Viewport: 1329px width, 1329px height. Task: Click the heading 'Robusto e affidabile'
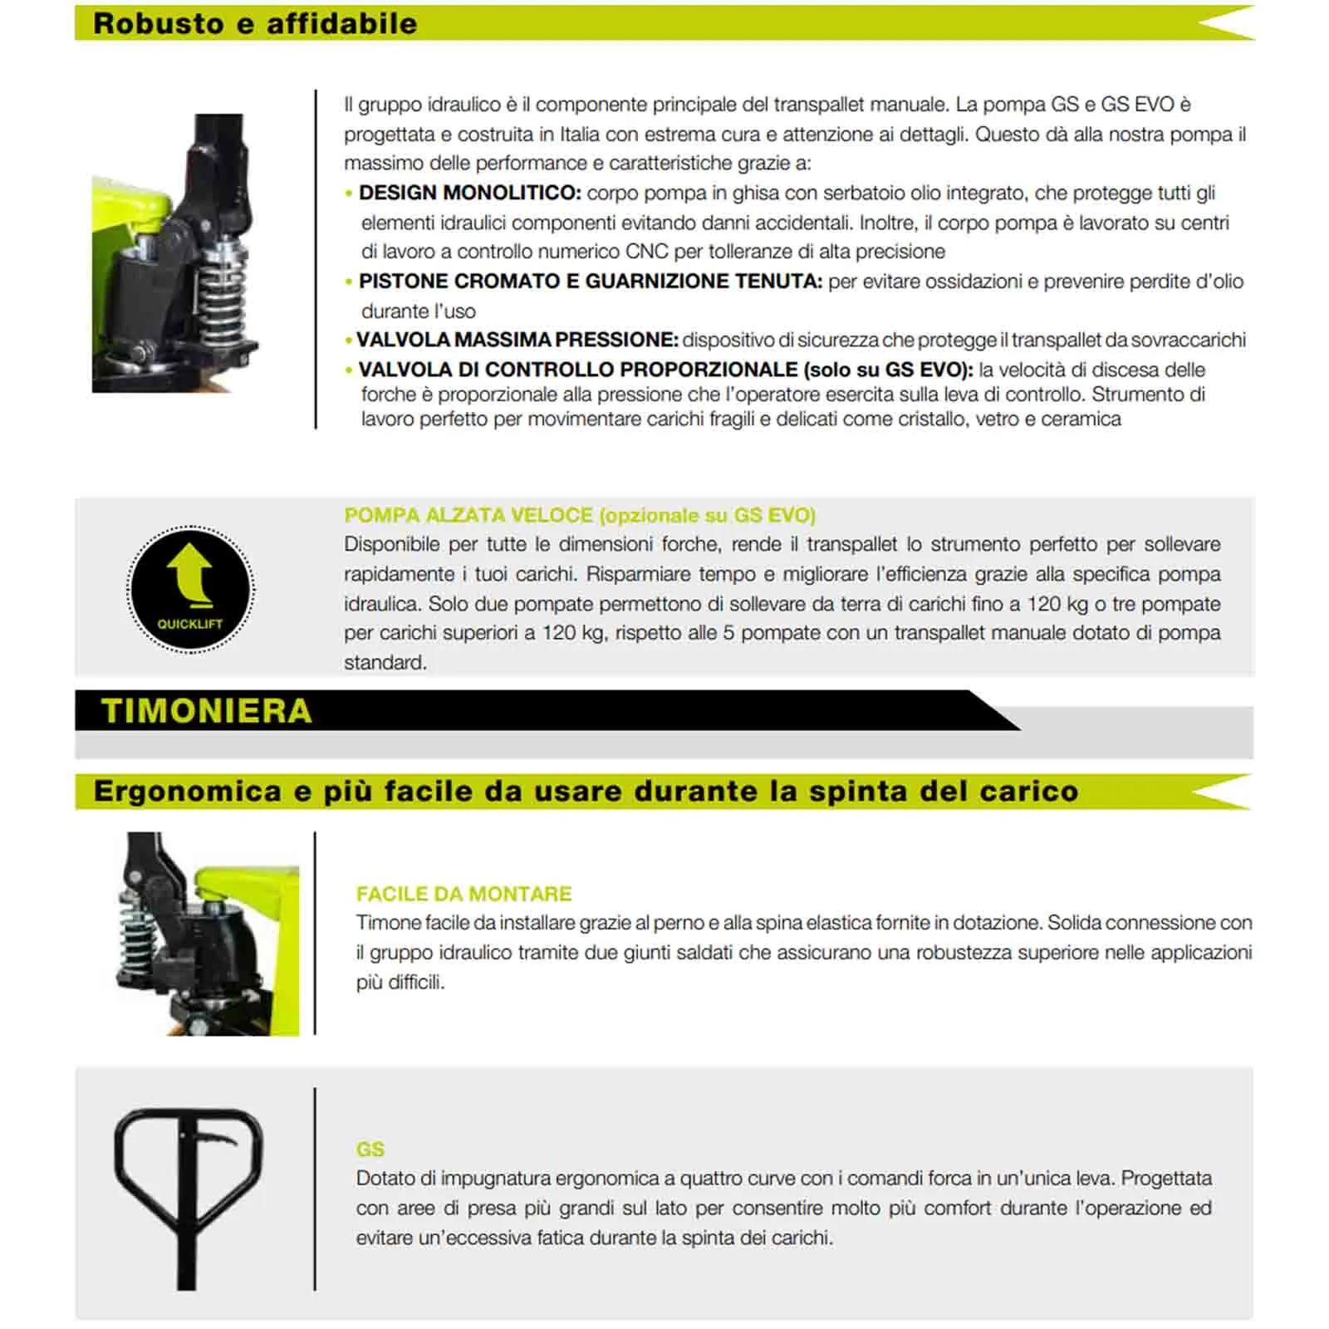[255, 23]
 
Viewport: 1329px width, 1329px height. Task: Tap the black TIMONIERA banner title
[206, 711]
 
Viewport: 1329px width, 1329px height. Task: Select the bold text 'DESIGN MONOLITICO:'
[469, 193]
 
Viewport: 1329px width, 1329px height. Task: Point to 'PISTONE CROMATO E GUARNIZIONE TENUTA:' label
[590, 282]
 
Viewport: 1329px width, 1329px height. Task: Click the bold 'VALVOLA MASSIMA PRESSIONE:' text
[517, 340]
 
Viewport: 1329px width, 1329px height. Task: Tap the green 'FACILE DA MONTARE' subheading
[463, 894]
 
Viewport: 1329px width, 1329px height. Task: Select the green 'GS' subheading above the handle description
[370, 1150]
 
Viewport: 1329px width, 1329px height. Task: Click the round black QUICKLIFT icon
[190, 589]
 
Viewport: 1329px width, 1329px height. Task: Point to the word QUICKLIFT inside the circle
[190, 624]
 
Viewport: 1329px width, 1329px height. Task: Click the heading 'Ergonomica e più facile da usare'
[586, 791]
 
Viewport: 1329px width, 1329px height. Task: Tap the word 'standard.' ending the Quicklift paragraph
[385, 663]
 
